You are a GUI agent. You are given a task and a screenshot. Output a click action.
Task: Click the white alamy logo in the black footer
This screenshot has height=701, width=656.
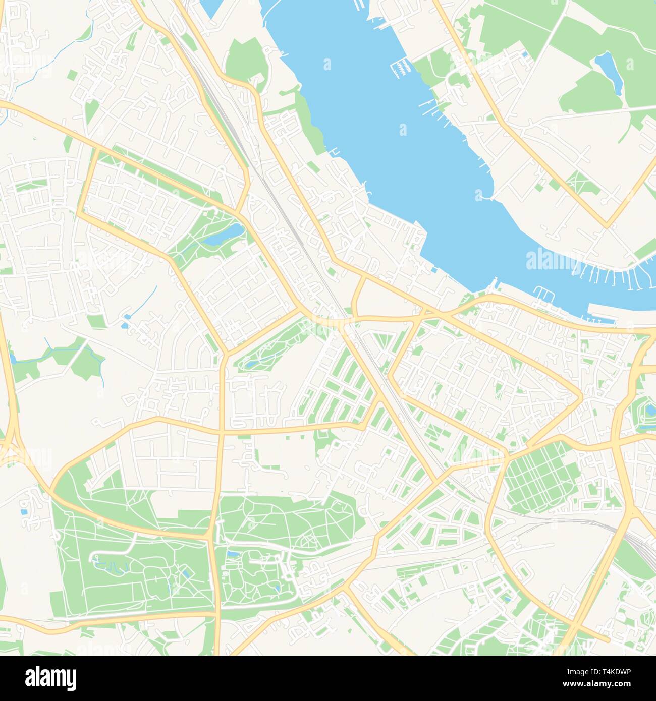pos(50,676)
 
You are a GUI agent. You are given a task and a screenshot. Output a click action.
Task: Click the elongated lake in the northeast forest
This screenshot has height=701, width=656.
pos(609,73)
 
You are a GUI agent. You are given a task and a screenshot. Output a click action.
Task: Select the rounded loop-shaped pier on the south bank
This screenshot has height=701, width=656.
pos(543,291)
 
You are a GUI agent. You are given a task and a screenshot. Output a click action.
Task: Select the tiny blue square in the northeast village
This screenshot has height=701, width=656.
pos(525,54)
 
